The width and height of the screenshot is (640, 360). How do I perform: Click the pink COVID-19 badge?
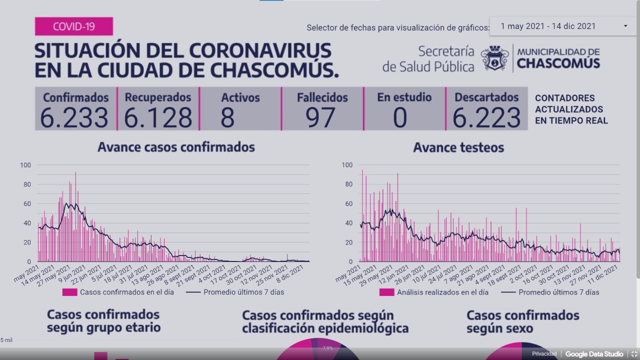pyautogui.click(x=74, y=26)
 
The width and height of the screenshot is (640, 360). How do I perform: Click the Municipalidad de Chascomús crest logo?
pyautogui.click(x=494, y=58)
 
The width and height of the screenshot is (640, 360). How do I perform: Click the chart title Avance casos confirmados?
pyautogui.click(x=176, y=147)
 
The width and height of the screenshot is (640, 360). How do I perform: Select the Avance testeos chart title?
pyautogui.click(x=458, y=147)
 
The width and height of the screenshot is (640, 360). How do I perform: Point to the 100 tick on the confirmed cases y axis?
pyautogui.click(x=25, y=165)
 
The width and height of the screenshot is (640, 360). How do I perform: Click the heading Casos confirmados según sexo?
pyautogui.click(x=522, y=322)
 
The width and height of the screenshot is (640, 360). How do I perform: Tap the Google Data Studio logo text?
pyautogui.click(x=594, y=354)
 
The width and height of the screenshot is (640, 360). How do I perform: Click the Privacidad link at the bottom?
pyautogui.click(x=544, y=354)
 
